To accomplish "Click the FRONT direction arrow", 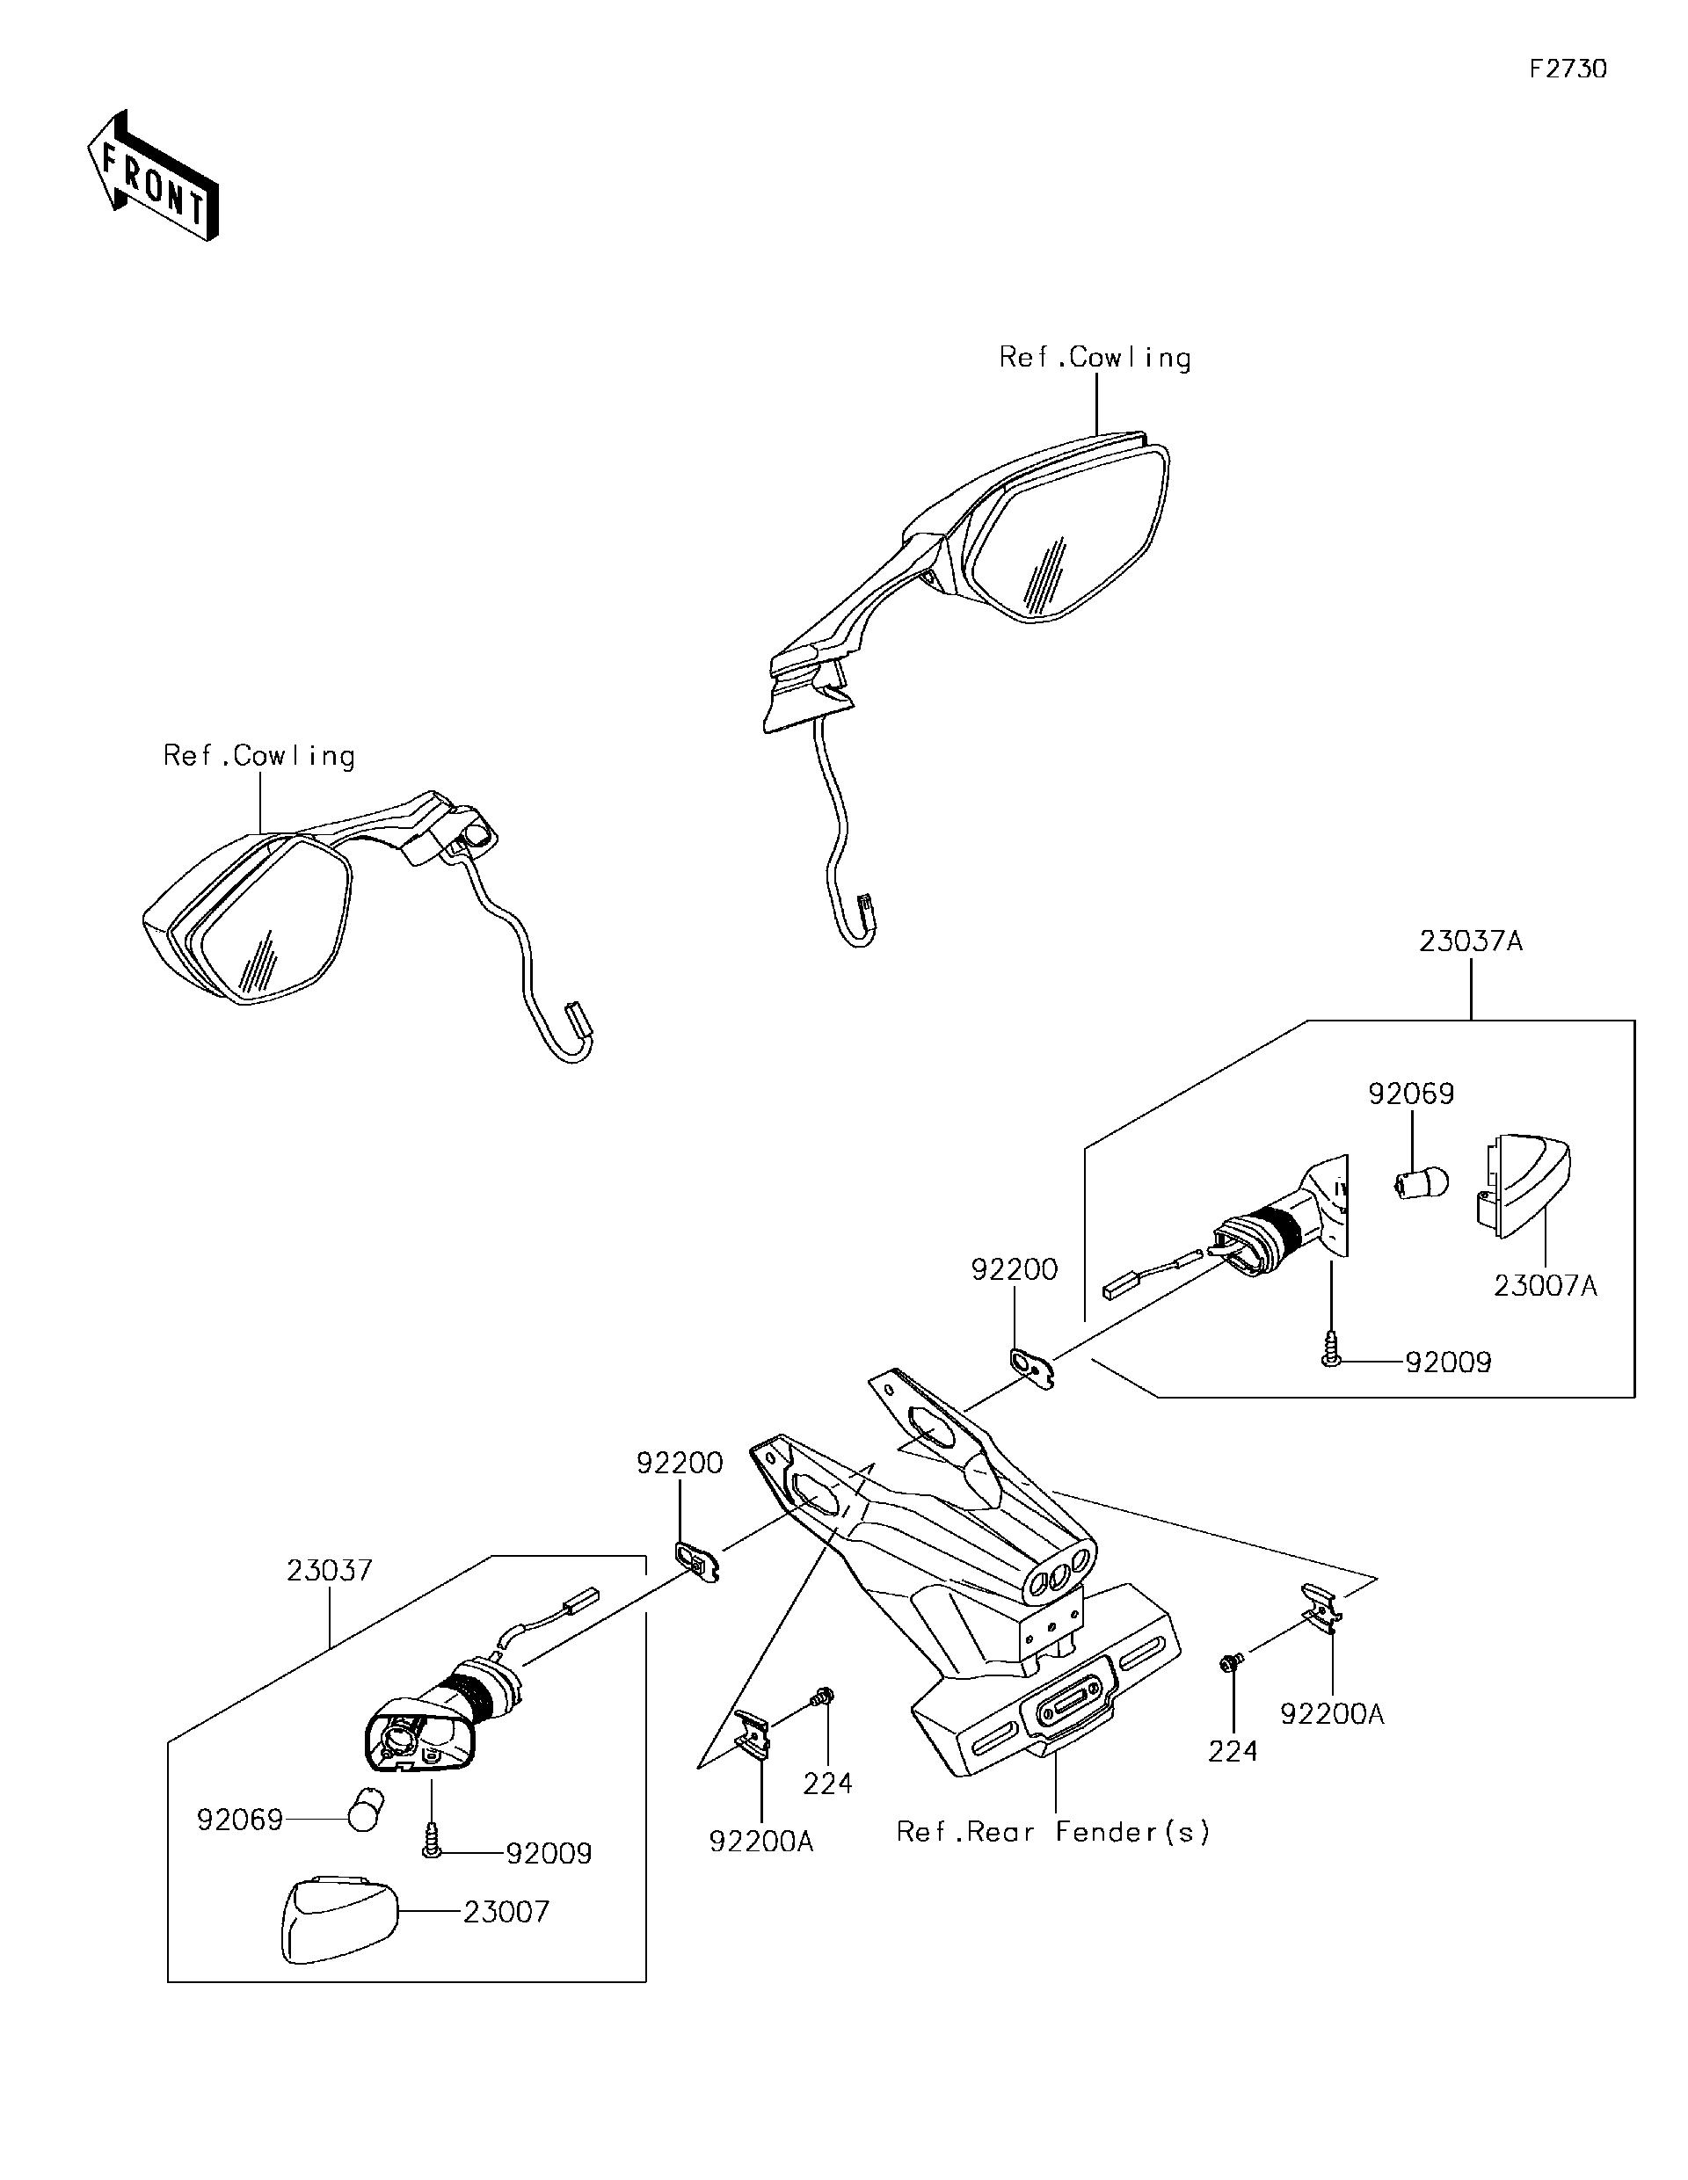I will [153, 177].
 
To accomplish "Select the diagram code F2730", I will [1568, 69].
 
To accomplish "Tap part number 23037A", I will [1470, 941].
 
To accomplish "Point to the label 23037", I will [330, 1570].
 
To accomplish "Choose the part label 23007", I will [506, 1912].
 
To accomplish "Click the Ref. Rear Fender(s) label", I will [1053, 1832].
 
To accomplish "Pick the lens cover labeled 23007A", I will [1524, 1185].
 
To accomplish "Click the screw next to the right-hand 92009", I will [1331, 1358].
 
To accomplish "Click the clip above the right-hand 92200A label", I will [1321, 1608].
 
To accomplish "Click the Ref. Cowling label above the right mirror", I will [1095, 359].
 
